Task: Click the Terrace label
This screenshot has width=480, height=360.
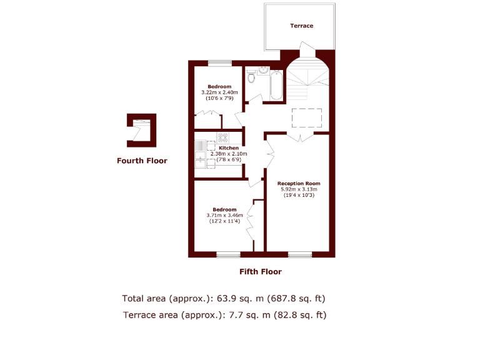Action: [301, 26]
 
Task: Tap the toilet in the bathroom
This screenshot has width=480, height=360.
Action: [251, 78]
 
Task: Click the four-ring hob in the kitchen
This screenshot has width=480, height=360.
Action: [223, 137]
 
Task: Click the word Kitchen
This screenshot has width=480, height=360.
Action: [229, 148]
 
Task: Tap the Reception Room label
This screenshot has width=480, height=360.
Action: [299, 184]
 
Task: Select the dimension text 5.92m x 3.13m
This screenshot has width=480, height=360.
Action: [299, 189]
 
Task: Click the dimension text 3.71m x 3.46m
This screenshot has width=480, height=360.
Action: [224, 216]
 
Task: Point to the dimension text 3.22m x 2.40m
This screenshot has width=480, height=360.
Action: [219, 92]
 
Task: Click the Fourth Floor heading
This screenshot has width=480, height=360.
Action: [142, 161]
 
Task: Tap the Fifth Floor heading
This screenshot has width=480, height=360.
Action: [261, 272]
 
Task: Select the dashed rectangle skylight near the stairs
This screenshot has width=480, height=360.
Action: [307, 117]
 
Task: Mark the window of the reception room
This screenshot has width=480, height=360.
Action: [300, 254]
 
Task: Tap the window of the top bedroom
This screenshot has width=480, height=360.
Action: [219, 62]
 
